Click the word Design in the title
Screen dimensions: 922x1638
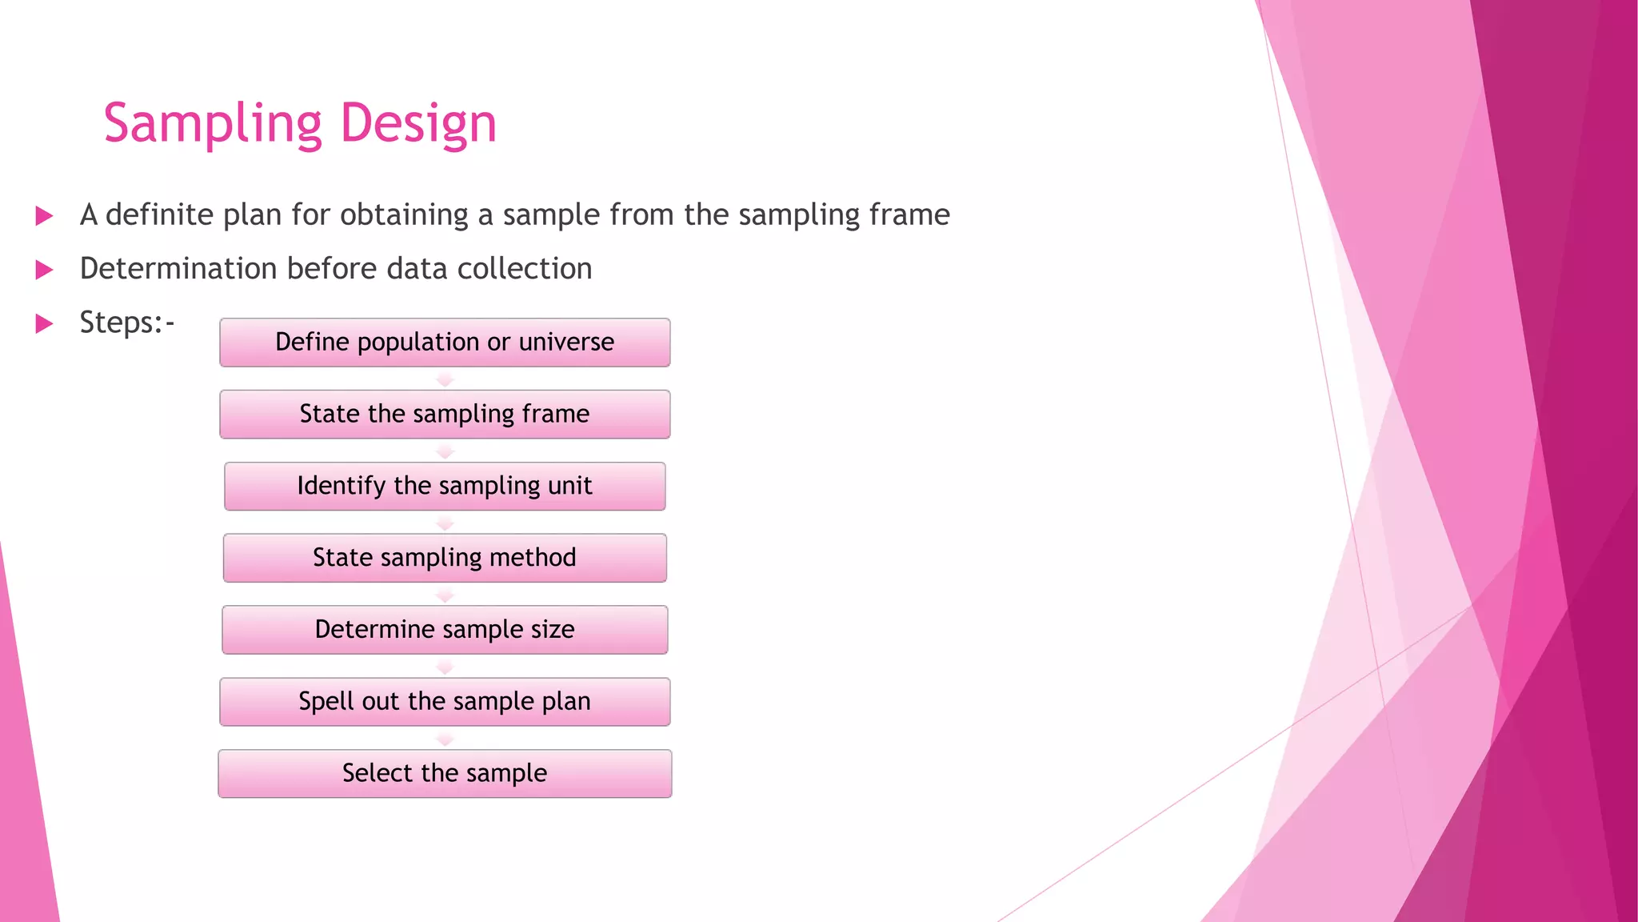pos(418,124)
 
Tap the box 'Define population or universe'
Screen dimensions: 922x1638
pos(445,343)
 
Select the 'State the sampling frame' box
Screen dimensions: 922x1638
pos(445,415)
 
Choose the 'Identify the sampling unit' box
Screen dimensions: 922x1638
pos(445,487)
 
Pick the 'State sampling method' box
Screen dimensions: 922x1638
pos(445,558)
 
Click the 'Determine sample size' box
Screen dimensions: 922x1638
pos(445,630)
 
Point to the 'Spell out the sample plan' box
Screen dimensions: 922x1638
pos(445,702)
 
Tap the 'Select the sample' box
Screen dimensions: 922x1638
pos(445,774)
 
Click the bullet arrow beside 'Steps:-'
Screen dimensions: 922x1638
pos(45,324)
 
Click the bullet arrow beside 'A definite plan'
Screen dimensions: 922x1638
pos(45,216)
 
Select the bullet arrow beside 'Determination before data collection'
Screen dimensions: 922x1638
pos(45,270)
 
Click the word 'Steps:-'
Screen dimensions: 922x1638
pos(126,323)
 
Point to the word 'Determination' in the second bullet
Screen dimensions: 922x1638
pos(178,269)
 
